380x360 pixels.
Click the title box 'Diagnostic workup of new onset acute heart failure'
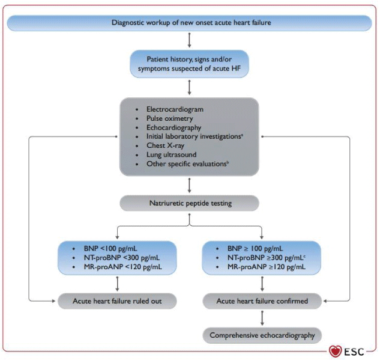tap(189, 23)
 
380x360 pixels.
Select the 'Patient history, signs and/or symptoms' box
tap(189, 64)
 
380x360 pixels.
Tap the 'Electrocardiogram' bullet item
tap(175, 109)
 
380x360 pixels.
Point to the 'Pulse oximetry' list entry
tap(170, 118)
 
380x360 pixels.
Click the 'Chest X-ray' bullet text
tap(165, 145)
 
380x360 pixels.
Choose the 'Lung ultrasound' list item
tap(171, 154)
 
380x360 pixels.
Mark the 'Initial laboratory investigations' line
tap(195, 136)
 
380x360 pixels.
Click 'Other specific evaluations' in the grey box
tap(187, 163)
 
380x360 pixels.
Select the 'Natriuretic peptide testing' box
tap(189, 203)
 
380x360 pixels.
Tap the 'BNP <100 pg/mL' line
tap(110, 249)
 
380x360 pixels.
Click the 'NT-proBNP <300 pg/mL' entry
tap(122, 258)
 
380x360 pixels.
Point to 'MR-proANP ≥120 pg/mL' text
tap(267, 267)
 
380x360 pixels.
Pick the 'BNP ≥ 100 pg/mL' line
tap(255, 249)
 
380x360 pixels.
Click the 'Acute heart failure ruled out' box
tap(117, 301)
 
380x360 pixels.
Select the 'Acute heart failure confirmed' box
tap(262, 301)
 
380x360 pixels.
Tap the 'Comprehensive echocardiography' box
tap(262, 335)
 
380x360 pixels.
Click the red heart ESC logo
tap(335, 352)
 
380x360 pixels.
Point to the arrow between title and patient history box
tap(189, 40)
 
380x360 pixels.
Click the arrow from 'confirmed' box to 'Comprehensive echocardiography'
tap(262, 318)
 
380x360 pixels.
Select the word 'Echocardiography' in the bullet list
tap(173, 127)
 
